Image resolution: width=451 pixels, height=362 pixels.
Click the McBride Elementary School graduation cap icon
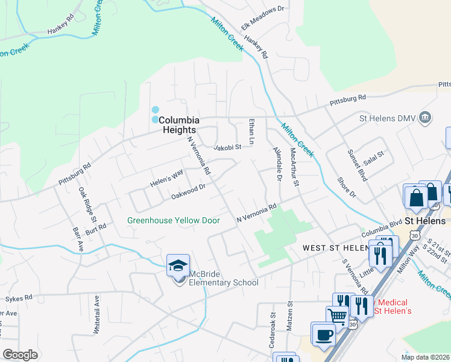click(178, 265)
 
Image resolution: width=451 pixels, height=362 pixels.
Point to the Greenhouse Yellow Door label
click(173, 220)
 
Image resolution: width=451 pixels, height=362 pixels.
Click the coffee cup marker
click(323, 334)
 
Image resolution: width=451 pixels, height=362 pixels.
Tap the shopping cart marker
click(338, 316)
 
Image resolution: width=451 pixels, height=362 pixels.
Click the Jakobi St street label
click(227, 147)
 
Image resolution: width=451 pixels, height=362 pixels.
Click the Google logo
click(20, 355)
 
